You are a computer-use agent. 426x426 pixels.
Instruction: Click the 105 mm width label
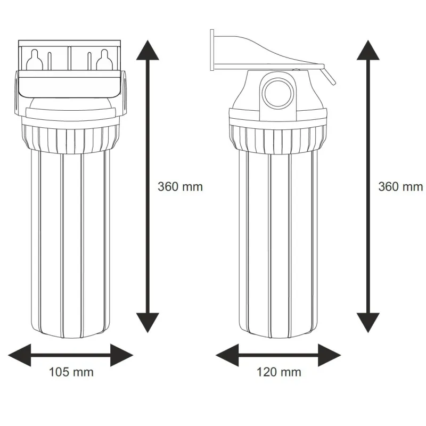[71, 372]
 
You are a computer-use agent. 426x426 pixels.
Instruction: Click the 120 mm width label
[279, 372]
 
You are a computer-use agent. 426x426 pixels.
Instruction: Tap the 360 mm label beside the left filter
[180, 187]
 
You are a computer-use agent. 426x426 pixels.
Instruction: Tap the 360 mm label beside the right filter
[401, 187]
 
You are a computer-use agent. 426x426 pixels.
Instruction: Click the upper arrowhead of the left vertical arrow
[148, 50]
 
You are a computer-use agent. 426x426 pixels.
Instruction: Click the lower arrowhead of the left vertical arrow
[148, 323]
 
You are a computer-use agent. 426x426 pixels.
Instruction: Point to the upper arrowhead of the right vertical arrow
[368, 50]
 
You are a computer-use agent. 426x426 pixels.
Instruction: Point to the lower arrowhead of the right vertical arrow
[368, 323]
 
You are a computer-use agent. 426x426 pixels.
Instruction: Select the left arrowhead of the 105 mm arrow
[20, 355]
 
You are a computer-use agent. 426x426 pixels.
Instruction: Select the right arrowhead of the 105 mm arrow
[122, 355]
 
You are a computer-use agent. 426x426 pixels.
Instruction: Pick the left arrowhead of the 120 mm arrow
[227, 355]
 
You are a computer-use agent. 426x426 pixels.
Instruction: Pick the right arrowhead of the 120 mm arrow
[330, 355]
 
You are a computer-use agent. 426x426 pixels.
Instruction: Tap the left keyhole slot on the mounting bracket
[34, 60]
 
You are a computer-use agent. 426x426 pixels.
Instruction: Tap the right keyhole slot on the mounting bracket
[104, 60]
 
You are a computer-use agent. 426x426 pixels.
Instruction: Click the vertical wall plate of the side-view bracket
[212, 50]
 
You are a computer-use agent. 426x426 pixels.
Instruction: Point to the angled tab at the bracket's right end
[329, 76]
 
